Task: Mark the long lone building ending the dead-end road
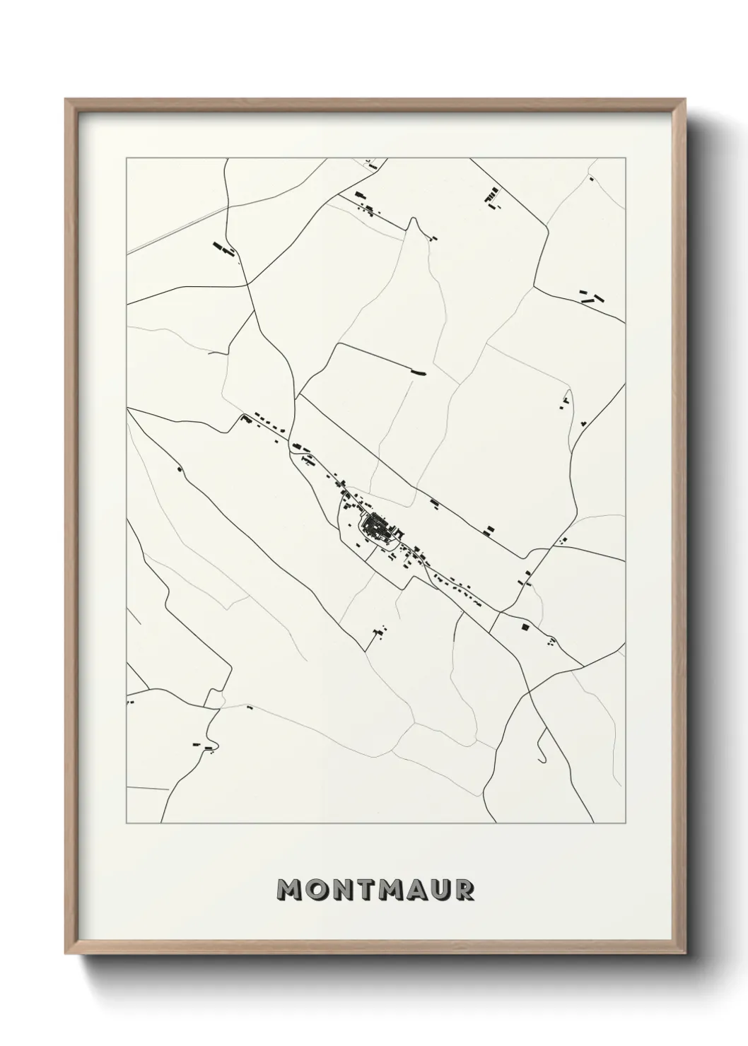click(420, 372)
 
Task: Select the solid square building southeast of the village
click(524, 626)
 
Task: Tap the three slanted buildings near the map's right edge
click(591, 296)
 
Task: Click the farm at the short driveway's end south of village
click(380, 630)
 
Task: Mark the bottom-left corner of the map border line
click(126, 824)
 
